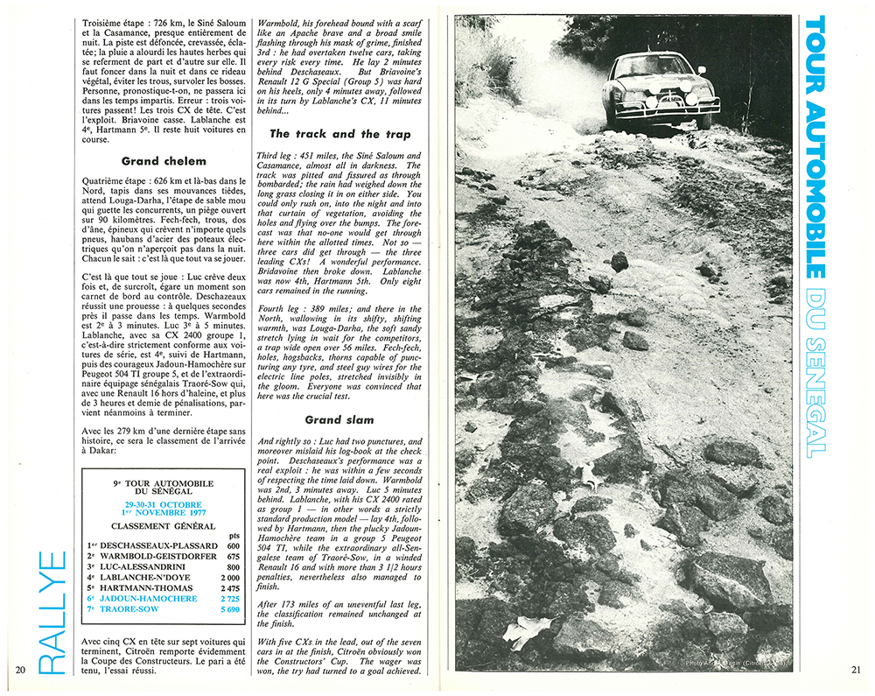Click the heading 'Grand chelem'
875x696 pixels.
pyautogui.click(x=164, y=161)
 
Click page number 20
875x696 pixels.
pyautogui.click(x=21, y=671)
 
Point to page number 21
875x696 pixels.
pyautogui.click(x=855, y=671)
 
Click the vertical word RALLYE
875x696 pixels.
pyautogui.click(x=52, y=612)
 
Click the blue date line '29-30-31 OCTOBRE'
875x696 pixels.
pyautogui.click(x=163, y=505)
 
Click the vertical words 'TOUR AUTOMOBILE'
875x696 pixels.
pyautogui.click(x=813, y=149)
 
